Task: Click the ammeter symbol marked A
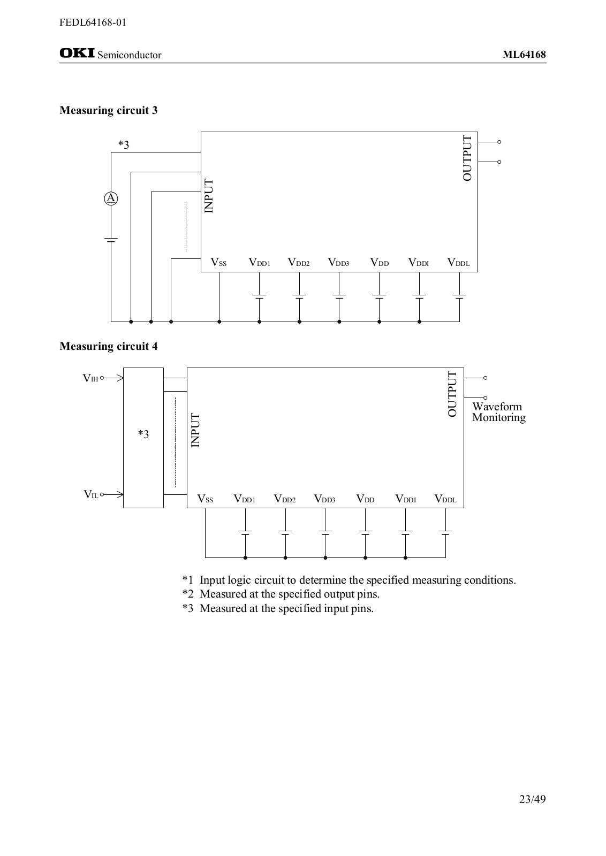point(111,198)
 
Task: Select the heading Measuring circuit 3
point(109,110)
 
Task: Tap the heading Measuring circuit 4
point(109,346)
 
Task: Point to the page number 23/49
point(532,799)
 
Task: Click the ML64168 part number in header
point(524,55)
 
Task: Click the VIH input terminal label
point(90,378)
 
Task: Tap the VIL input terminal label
point(90,494)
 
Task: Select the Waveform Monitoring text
point(498,412)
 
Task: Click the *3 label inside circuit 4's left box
point(143,434)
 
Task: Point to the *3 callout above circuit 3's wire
point(124,144)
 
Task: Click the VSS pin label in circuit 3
point(218,262)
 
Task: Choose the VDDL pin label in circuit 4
point(445,499)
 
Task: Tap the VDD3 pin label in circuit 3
point(338,262)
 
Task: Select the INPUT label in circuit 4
point(195,430)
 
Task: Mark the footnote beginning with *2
point(281,594)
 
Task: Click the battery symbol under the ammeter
point(111,240)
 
